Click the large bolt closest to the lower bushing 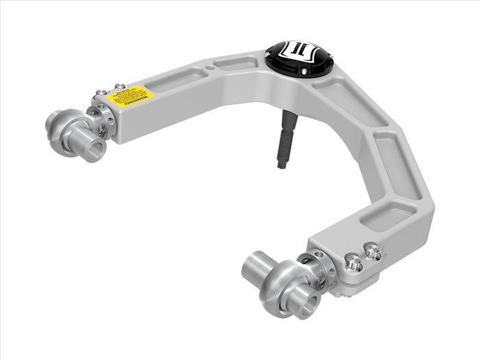tap(352, 262)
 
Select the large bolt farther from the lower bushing tap(372, 252)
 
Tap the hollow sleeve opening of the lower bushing tap(308, 301)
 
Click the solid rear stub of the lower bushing tap(254, 263)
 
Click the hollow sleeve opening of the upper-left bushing tap(95, 149)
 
